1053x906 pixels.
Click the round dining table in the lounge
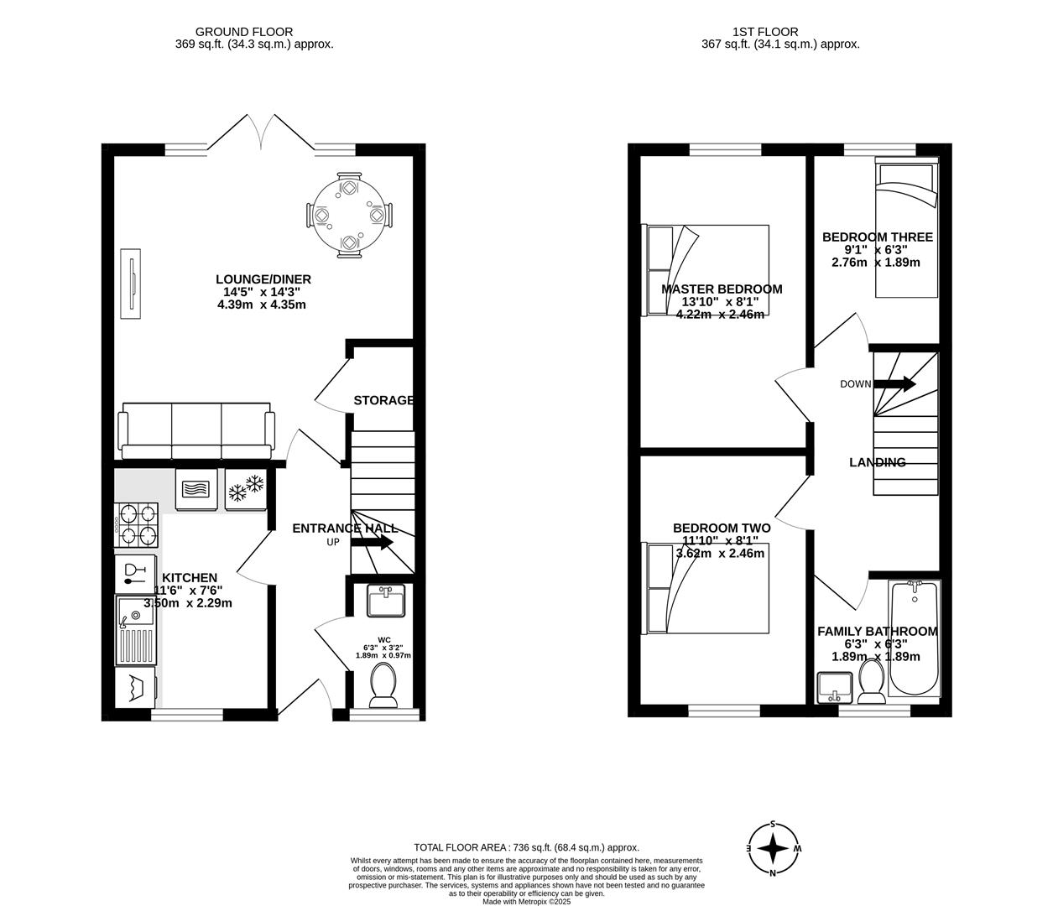pyautogui.click(x=348, y=216)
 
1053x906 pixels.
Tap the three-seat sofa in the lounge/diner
pyautogui.click(x=196, y=431)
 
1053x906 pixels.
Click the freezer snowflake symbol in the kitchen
pyautogui.click(x=246, y=488)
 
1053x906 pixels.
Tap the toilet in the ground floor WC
pyautogui.click(x=385, y=684)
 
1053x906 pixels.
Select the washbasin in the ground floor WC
pyautogui.click(x=386, y=601)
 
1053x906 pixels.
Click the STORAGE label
pyautogui.click(x=383, y=400)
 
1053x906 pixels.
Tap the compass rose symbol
pyautogui.click(x=773, y=848)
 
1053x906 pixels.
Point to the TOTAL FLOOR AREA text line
pyautogui.click(x=527, y=847)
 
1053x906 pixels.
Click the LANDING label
pyautogui.click(x=877, y=462)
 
